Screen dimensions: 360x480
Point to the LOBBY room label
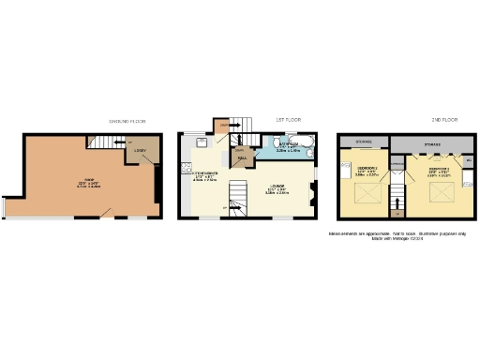click(140, 151)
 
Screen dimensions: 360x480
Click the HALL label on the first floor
click(242, 159)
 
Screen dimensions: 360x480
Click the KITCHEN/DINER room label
click(209, 173)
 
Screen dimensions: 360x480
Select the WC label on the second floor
click(468, 162)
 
